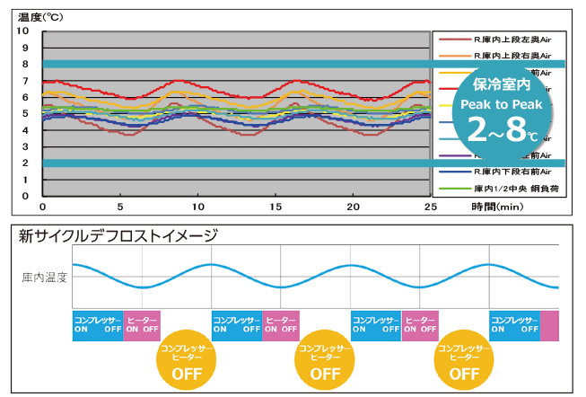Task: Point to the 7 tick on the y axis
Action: click(x=26, y=80)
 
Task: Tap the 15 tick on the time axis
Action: click(x=276, y=205)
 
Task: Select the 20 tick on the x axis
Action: click(x=353, y=205)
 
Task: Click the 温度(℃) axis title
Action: click(x=42, y=14)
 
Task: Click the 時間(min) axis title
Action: click(x=496, y=207)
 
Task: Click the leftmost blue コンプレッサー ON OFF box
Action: click(x=98, y=324)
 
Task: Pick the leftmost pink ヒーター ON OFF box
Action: click(x=143, y=324)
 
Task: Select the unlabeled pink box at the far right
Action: click(x=549, y=324)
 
